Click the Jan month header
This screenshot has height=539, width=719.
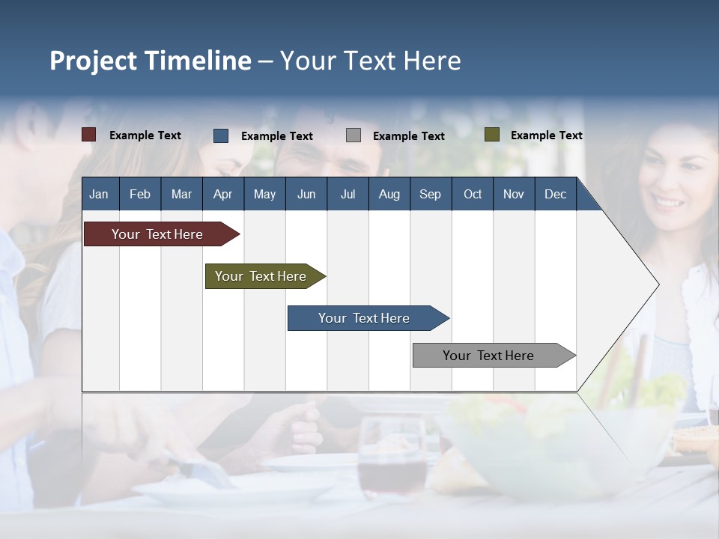tap(99, 194)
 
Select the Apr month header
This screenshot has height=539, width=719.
tap(222, 194)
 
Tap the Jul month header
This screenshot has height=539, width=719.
tap(348, 194)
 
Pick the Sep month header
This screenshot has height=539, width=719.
tap(430, 194)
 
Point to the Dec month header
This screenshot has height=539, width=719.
tap(555, 194)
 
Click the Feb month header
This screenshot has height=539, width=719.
tap(140, 194)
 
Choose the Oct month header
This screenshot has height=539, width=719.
tap(473, 194)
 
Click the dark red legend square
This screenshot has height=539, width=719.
tap(89, 135)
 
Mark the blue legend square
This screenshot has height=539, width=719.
tap(221, 135)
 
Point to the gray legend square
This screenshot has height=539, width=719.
tap(354, 135)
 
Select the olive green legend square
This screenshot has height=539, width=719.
tap(491, 135)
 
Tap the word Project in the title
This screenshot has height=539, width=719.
tap(94, 61)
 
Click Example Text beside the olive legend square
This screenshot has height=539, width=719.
tap(546, 135)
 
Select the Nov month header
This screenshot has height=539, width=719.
tap(514, 194)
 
